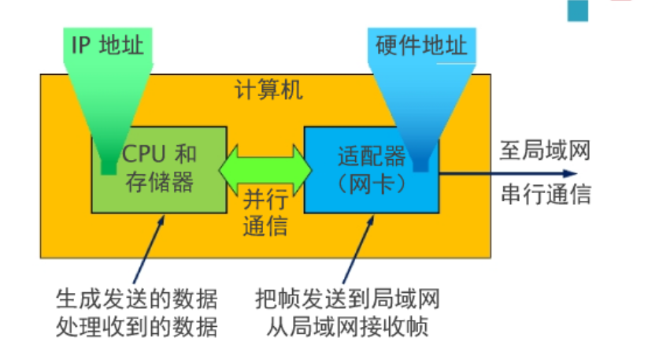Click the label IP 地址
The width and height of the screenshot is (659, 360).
tap(107, 45)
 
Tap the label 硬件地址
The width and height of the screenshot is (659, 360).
tap(417, 45)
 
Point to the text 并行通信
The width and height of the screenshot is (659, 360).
tap(265, 213)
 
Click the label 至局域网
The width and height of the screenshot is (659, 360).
tap(545, 150)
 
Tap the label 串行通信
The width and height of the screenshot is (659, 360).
tap(545, 194)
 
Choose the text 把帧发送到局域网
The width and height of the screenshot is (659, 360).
tap(347, 300)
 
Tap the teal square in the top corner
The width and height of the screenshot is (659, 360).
tap(578, 9)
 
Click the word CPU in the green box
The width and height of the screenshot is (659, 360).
tap(143, 153)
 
